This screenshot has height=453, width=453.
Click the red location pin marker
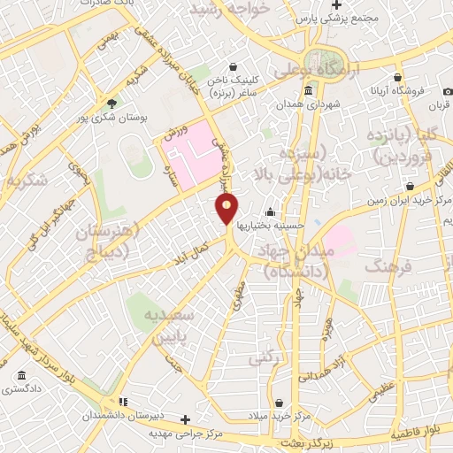(227, 208)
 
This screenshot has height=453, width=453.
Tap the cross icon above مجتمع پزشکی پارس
(361, 4)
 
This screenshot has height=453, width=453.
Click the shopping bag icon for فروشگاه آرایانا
(397, 77)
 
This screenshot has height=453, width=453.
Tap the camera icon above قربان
(448, 91)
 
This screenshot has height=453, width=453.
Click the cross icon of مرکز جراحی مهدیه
(184, 418)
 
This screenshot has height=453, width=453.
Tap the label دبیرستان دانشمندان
(121, 416)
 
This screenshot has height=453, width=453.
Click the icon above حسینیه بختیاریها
(271, 211)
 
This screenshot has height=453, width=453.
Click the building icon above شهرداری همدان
(308, 90)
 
